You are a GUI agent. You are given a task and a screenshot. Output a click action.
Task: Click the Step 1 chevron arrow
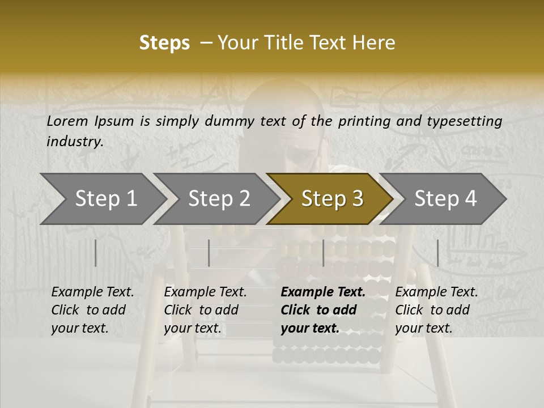click(x=105, y=198)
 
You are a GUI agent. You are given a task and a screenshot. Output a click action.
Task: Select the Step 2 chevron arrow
click(x=218, y=198)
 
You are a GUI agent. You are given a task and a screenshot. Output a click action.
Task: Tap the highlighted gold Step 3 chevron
click(x=331, y=198)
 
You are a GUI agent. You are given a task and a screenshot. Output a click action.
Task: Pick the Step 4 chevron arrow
click(x=445, y=198)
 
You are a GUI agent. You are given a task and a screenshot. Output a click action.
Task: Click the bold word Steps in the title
click(x=164, y=43)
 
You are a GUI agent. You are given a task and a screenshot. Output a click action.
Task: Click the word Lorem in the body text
click(x=67, y=121)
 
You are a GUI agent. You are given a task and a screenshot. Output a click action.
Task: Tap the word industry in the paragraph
click(x=74, y=142)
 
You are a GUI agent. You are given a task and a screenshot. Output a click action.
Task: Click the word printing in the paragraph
click(x=364, y=121)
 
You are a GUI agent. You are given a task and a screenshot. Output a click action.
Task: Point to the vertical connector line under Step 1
click(x=96, y=253)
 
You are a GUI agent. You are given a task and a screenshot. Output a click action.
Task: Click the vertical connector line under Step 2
click(x=209, y=253)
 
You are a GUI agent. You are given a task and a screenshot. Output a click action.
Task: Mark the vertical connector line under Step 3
click(x=323, y=253)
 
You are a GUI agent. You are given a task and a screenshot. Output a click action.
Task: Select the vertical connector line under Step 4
click(x=437, y=253)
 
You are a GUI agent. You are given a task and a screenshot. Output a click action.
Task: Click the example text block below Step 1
click(x=92, y=310)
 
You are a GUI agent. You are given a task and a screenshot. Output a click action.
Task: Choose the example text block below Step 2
click(x=205, y=310)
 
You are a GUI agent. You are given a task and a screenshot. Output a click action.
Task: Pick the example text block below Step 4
click(x=436, y=310)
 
